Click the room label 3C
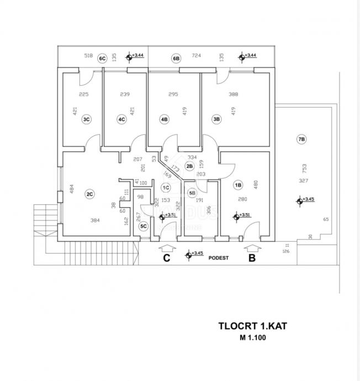coord(86,119)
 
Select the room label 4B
coord(164,119)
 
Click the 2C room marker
coord(89,194)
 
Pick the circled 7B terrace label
coord(301,140)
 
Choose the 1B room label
coord(238,186)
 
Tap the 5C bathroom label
coord(144,226)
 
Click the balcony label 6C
coord(102,58)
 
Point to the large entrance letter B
coord(251,257)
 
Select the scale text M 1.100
coord(253,338)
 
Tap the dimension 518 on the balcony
coord(88,56)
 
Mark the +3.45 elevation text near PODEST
coord(198,253)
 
